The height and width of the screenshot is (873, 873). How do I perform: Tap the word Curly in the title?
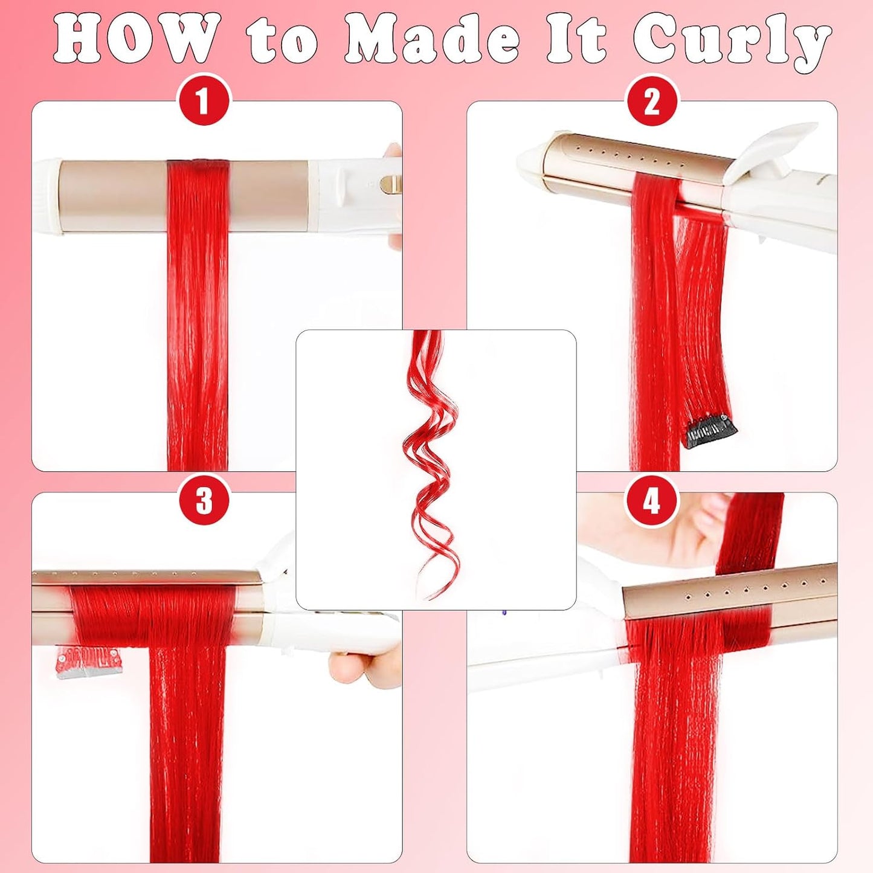[x=732, y=41]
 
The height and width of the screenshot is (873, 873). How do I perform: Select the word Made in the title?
[x=431, y=40]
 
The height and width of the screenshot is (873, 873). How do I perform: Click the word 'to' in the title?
[x=283, y=41]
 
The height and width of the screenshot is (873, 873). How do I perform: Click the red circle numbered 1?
[x=204, y=100]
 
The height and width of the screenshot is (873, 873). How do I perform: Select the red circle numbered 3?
[x=204, y=500]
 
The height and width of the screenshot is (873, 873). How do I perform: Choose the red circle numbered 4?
[x=651, y=501]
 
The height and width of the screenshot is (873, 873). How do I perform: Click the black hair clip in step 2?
[x=710, y=431]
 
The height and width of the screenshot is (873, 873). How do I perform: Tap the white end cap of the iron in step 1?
[x=48, y=196]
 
